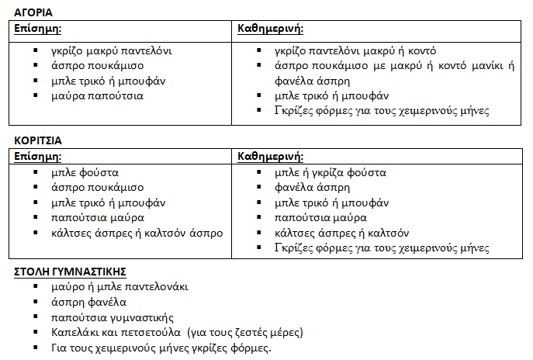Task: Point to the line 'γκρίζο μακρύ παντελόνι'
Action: coord(111,51)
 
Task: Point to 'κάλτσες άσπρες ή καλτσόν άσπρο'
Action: coord(137,233)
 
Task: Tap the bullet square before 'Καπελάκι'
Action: coord(35,332)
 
